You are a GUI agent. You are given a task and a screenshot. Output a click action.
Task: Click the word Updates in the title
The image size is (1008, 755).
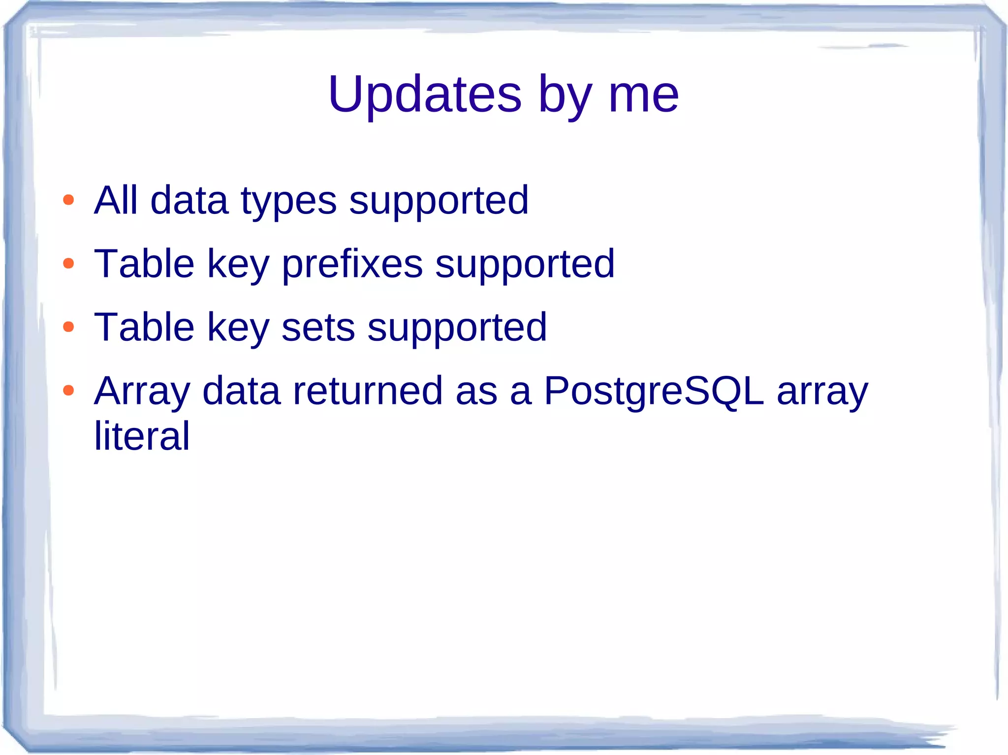pos(424,94)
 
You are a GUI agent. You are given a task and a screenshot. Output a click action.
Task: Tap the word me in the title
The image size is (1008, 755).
pos(643,94)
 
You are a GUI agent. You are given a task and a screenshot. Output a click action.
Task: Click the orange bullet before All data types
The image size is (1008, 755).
pos(68,200)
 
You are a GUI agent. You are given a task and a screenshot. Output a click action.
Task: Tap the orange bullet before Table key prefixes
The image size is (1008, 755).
pos(68,264)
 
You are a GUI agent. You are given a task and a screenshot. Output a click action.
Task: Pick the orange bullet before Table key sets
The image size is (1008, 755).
pos(68,327)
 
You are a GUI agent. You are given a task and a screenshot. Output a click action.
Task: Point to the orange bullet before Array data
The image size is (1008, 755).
pos(68,391)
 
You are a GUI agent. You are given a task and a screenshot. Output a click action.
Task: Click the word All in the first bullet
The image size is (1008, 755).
pos(116,200)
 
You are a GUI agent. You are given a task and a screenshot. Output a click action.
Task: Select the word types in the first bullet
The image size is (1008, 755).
pos(288,202)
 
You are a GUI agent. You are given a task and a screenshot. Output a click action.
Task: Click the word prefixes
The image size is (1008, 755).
pos(352,265)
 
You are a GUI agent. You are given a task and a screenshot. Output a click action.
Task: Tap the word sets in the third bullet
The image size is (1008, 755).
pos(318,328)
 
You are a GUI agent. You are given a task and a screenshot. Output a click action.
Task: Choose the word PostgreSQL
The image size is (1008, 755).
pos(654,392)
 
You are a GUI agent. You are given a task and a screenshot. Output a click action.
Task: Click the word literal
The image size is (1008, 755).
pos(142,436)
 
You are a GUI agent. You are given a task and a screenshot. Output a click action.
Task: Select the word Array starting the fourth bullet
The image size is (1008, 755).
pos(142,392)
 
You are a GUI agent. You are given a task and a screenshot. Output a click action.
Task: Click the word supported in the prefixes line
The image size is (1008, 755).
pos(525,265)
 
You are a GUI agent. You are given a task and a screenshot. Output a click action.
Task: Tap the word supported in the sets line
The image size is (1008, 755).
pos(457,328)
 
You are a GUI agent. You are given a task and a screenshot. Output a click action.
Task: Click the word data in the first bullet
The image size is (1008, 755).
pos(189,200)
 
